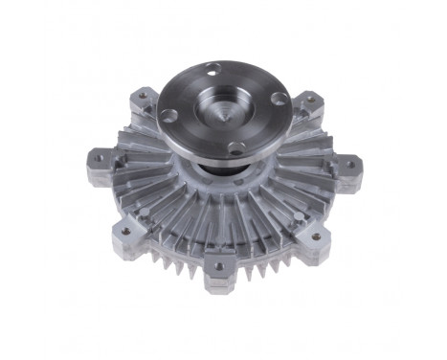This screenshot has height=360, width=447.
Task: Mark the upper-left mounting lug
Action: point(142,98)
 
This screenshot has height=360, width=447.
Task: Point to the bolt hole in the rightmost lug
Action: point(349,164)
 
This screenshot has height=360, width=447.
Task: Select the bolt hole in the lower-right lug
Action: point(316,236)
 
